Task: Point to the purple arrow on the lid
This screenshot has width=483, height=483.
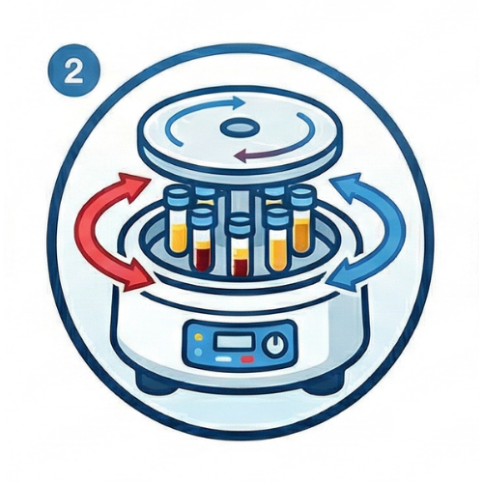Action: pos(269,153)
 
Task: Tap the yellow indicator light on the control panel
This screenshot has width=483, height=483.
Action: pos(199,338)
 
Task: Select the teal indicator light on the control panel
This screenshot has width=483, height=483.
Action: pos(199,352)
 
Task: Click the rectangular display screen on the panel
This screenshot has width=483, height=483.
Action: pos(234,342)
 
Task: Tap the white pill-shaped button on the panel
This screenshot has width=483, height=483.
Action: pos(222,358)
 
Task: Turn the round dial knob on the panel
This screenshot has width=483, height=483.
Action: pos(275,345)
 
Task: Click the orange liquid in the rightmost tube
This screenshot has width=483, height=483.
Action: pos(301,234)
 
